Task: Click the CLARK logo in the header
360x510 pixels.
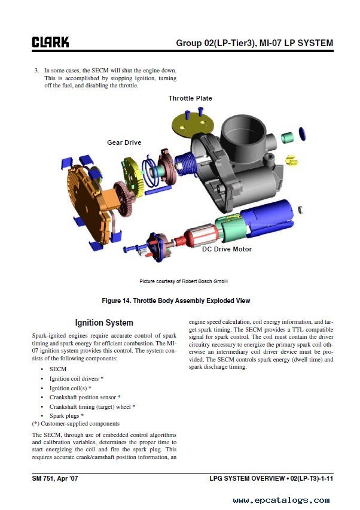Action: coord(50,42)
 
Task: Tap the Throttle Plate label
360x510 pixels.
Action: coord(190,98)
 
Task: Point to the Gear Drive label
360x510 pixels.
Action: coord(124,142)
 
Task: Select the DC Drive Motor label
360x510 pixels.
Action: coord(227,249)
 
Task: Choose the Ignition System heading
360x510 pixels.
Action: coord(104,323)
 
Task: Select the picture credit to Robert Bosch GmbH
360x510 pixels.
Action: coord(184,281)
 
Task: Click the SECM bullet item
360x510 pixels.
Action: coord(58,369)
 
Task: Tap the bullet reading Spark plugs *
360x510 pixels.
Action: coord(66,415)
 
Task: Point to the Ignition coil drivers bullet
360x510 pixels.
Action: coord(77,379)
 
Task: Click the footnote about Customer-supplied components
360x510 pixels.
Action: coord(76,424)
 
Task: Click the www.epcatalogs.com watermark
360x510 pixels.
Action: coord(281,500)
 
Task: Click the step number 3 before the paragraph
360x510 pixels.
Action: coord(36,71)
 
